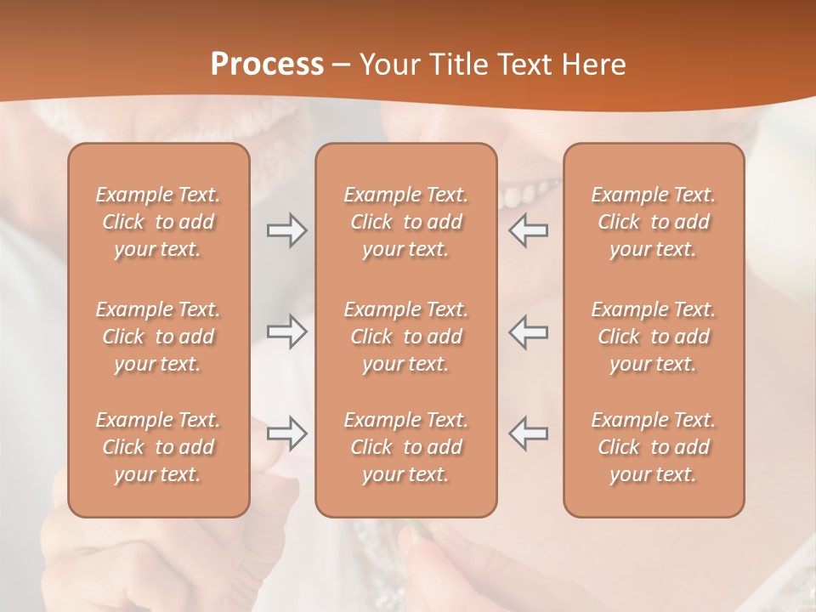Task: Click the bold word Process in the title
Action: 267,65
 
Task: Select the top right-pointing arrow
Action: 287,229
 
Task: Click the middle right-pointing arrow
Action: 287,331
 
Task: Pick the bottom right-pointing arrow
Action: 287,433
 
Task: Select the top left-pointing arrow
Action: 529,229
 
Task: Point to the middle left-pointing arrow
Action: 529,331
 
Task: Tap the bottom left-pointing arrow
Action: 529,433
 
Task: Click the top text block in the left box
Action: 158,222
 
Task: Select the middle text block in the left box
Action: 158,337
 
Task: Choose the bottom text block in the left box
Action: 158,447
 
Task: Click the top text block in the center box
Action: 405,222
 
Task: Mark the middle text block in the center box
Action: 405,337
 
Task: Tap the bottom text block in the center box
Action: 405,447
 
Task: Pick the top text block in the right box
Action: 654,222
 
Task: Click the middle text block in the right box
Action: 654,337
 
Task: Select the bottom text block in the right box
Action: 654,447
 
